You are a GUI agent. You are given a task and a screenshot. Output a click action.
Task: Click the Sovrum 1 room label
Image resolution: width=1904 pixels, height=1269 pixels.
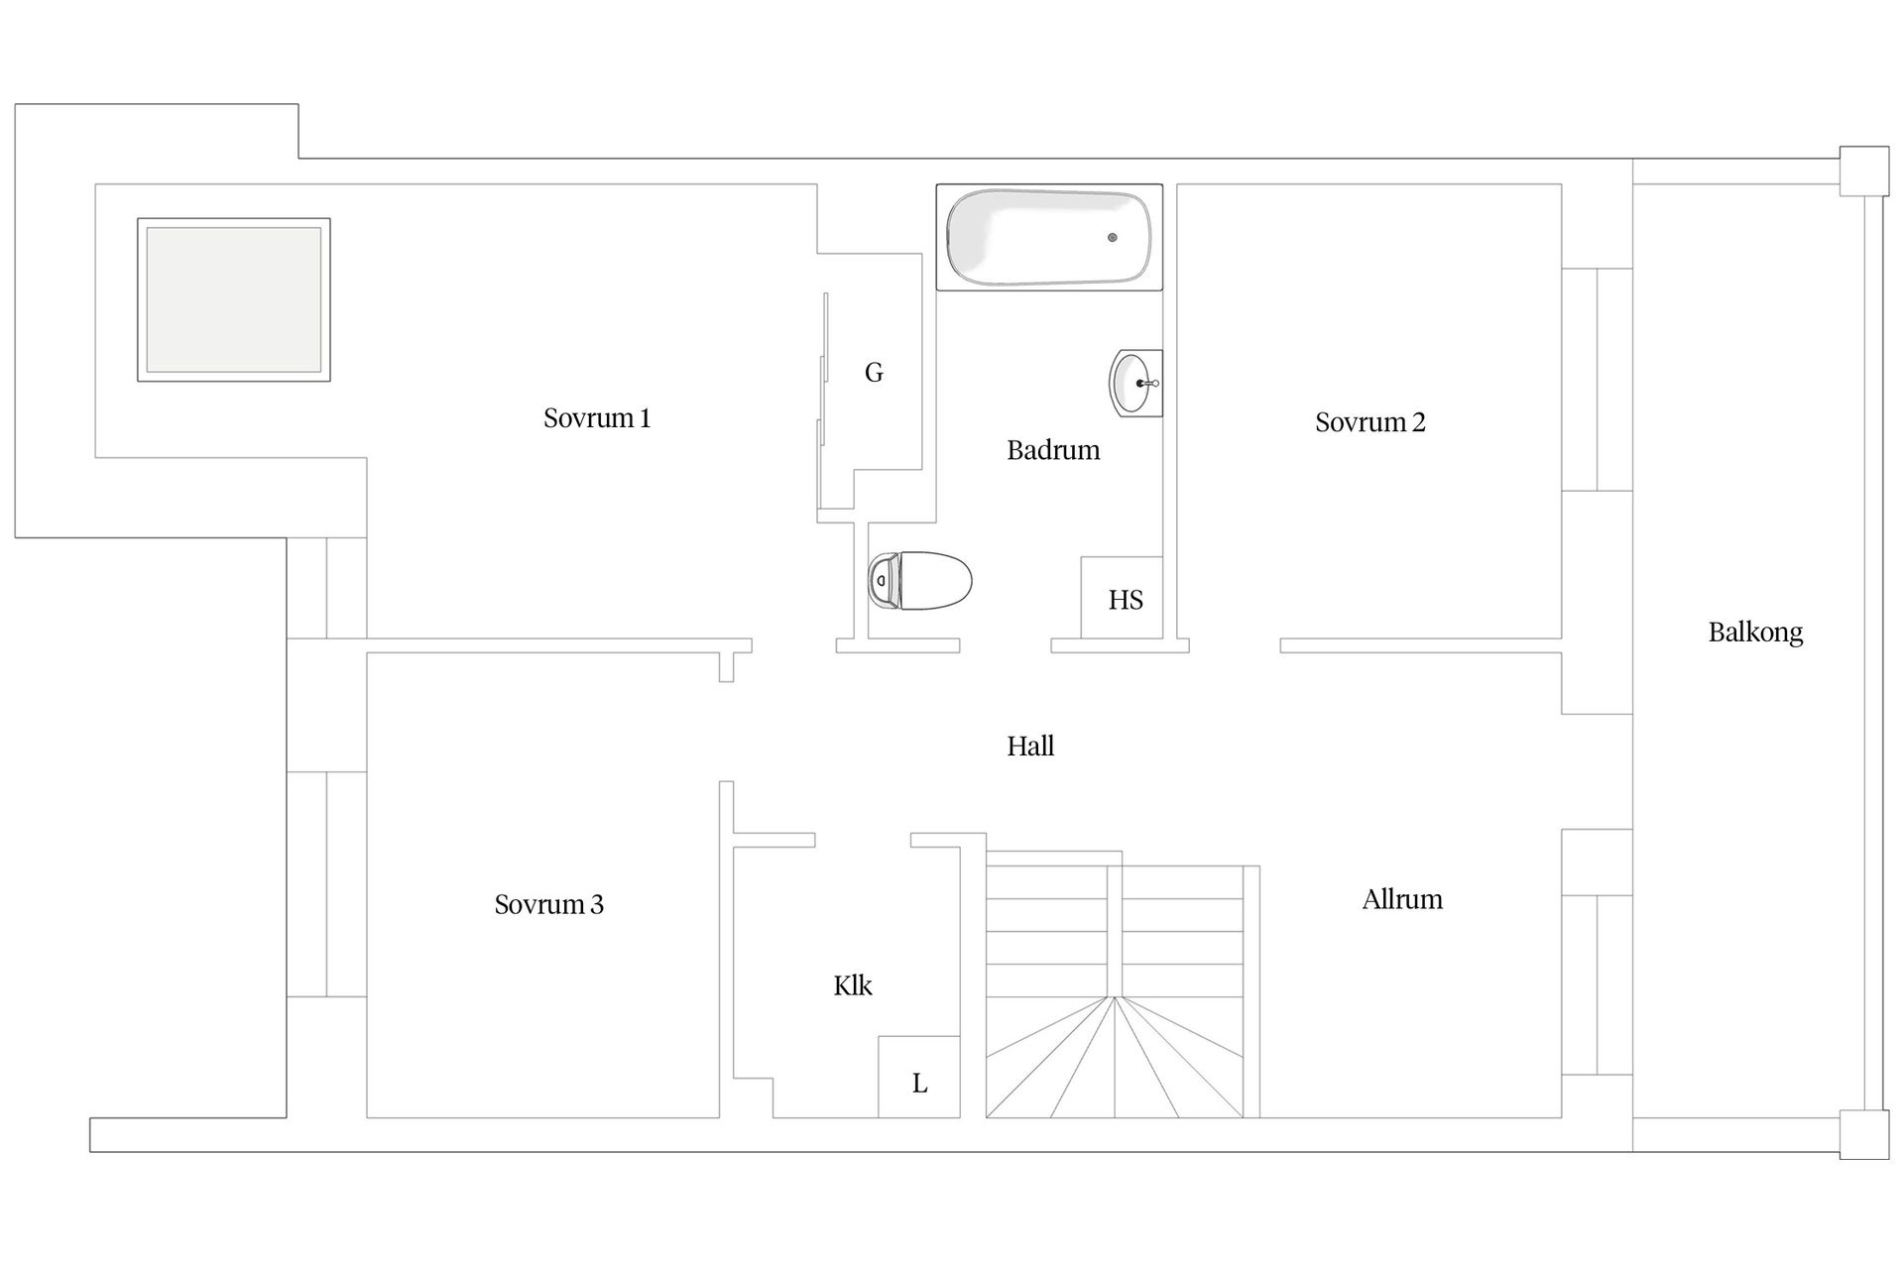click(596, 418)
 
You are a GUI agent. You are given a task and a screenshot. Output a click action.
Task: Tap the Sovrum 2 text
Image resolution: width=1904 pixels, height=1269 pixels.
click(1369, 422)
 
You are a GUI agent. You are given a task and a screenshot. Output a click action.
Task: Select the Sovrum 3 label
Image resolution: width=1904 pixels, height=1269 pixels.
click(548, 904)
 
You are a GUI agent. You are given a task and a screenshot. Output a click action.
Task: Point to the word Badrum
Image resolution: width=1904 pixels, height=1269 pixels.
click(1053, 450)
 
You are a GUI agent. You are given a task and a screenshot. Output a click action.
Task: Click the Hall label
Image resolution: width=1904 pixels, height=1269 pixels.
click(1029, 746)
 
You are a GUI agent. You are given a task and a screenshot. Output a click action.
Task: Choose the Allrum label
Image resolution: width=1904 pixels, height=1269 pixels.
click(1401, 899)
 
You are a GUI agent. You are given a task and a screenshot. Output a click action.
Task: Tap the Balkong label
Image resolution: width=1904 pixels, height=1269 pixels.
click(1754, 633)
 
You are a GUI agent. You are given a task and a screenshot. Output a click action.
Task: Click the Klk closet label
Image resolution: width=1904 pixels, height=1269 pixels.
click(852, 985)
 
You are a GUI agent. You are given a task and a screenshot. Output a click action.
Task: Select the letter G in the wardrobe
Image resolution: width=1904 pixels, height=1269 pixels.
click(874, 373)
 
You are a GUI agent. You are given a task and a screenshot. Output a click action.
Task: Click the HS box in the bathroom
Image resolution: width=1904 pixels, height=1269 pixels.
click(1125, 599)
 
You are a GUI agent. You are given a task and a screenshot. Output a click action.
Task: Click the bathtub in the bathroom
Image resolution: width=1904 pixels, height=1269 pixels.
click(1049, 238)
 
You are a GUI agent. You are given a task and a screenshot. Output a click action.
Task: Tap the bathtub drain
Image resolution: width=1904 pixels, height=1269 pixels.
click(1113, 238)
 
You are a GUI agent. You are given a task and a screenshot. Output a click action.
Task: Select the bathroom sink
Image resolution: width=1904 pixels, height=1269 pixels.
click(1133, 383)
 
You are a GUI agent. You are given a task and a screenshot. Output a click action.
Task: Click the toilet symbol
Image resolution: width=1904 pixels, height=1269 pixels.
click(919, 581)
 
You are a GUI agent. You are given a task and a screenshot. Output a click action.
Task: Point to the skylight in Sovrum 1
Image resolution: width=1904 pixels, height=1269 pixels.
click(234, 300)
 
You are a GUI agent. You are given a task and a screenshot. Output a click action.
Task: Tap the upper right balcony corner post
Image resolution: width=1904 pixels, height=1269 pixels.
click(1863, 172)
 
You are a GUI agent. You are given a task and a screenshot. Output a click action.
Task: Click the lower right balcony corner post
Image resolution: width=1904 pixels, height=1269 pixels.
click(1863, 1133)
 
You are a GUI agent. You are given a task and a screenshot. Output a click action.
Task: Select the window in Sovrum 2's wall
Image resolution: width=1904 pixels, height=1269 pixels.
click(1597, 380)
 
